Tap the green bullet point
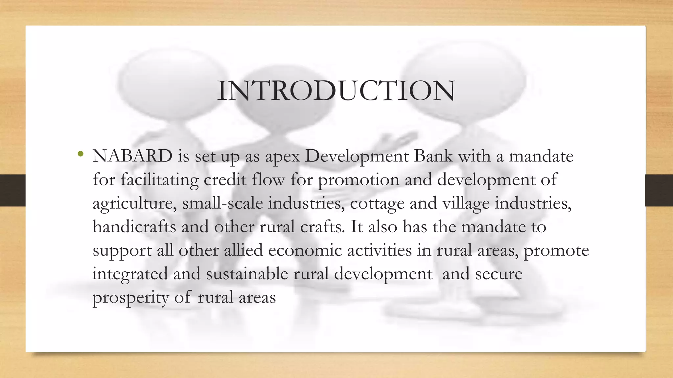(80, 154)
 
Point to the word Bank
(433, 156)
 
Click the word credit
(225, 179)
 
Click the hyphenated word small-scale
(222, 203)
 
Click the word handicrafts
(134, 227)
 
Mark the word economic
(305, 250)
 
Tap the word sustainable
(247, 274)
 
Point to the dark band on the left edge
(12, 190)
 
